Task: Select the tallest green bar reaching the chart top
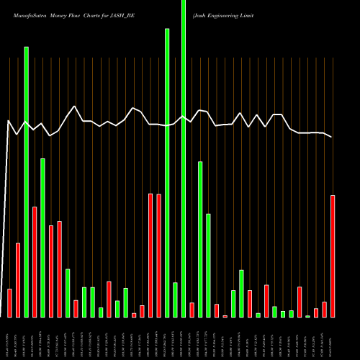pyautogui.click(x=184, y=158)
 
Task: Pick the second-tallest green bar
pyautogui.click(x=167, y=173)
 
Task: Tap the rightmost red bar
pyautogui.click(x=333, y=256)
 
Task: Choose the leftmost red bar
pyautogui.click(x=9, y=302)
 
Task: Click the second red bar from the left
pyautogui.click(x=18, y=280)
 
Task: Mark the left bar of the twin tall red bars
pyautogui.click(x=150, y=255)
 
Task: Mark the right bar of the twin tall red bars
pyautogui.click(x=158, y=255)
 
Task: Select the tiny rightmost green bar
pyautogui.click(x=308, y=316)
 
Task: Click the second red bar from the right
pyautogui.click(x=325, y=309)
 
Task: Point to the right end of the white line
pyautogui.click(x=332, y=137)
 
